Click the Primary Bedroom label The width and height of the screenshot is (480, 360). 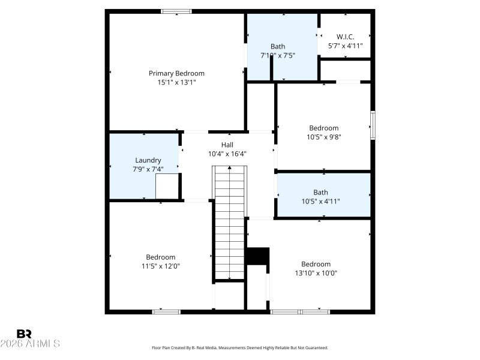tap(176, 73)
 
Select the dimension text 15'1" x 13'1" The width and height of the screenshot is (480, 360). tap(176, 82)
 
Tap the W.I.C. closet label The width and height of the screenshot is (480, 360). tap(345, 37)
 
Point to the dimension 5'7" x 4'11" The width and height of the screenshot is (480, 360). tap(345, 46)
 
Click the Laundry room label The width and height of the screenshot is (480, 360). tap(148, 160)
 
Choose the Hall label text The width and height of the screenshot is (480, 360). tap(227, 145)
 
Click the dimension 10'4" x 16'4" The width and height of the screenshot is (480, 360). tap(227, 154)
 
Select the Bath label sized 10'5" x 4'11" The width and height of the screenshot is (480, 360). tap(320, 193)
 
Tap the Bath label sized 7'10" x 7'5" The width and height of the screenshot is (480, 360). tap(278, 46)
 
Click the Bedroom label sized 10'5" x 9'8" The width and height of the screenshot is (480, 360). tap(323, 128)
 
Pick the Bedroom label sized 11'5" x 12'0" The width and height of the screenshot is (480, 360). tap(160, 257)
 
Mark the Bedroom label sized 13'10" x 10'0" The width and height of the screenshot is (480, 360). tap(316, 264)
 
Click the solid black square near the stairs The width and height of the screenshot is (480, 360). tap(257, 256)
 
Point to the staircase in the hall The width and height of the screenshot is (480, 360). tap(230, 222)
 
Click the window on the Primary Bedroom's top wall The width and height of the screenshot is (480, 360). tap(176, 11)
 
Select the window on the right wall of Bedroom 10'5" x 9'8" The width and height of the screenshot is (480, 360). tap(373, 124)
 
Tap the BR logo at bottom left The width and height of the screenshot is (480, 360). tap(24, 334)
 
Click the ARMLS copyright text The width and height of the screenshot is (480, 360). tap(30, 344)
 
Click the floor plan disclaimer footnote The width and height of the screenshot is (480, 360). tap(240, 348)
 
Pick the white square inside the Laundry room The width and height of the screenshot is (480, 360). tap(167, 185)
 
